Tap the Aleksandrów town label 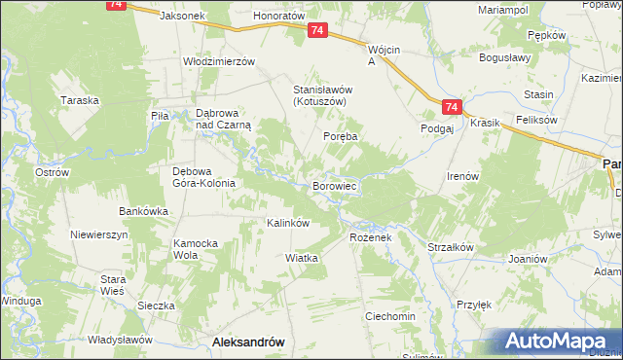[x=247, y=342]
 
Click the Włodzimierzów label [x=219, y=60]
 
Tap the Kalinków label [x=288, y=223]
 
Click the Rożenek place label [x=370, y=237]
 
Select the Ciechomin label [x=390, y=316]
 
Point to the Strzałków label [x=451, y=247]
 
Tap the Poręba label [x=342, y=137]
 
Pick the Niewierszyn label [x=99, y=234]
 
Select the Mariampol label [x=503, y=9]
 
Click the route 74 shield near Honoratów [x=317, y=32]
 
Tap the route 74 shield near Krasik [x=450, y=107]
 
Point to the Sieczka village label [x=156, y=305]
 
